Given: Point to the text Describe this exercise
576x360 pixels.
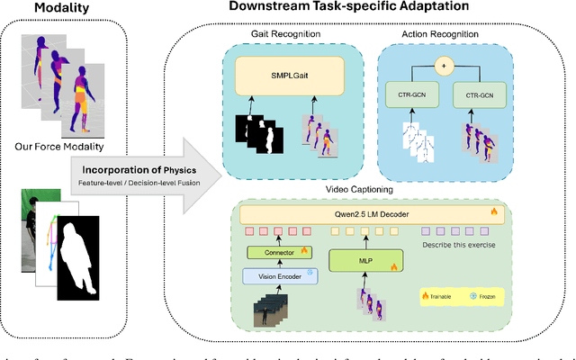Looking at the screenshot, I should coord(462,243).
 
